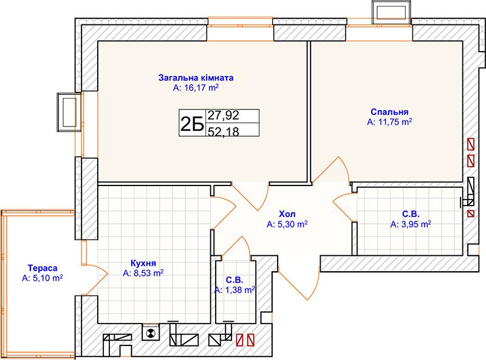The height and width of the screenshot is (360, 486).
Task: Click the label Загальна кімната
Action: (x=196, y=78)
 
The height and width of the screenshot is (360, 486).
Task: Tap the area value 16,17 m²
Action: (x=202, y=88)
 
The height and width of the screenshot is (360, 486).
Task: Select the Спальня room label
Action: (x=389, y=112)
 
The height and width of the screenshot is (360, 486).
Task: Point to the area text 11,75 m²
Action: (x=395, y=122)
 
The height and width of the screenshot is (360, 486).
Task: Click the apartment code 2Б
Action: (x=192, y=123)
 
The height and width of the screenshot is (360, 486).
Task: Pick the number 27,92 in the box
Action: (x=224, y=115)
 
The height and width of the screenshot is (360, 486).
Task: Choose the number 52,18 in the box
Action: (x=224, y=131)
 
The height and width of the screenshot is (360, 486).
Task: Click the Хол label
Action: (x=287, y=214)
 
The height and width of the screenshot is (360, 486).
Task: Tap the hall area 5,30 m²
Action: (x=292, y=224)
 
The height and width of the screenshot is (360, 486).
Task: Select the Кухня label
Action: (x=143, y=263)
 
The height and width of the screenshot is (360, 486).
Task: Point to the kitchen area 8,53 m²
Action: (x=148, y=273)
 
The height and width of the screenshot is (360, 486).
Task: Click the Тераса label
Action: (x=43, y=268)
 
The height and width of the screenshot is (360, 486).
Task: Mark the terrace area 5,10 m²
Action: (x=48, y=278)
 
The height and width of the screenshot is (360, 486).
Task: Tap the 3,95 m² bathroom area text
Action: (x=416, y=224)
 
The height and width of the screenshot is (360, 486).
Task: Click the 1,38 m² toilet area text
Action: (x=240, y=290)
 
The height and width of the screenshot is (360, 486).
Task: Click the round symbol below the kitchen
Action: (x=151, y=333)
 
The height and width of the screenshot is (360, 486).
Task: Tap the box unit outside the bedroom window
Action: (x=391, y=12)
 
